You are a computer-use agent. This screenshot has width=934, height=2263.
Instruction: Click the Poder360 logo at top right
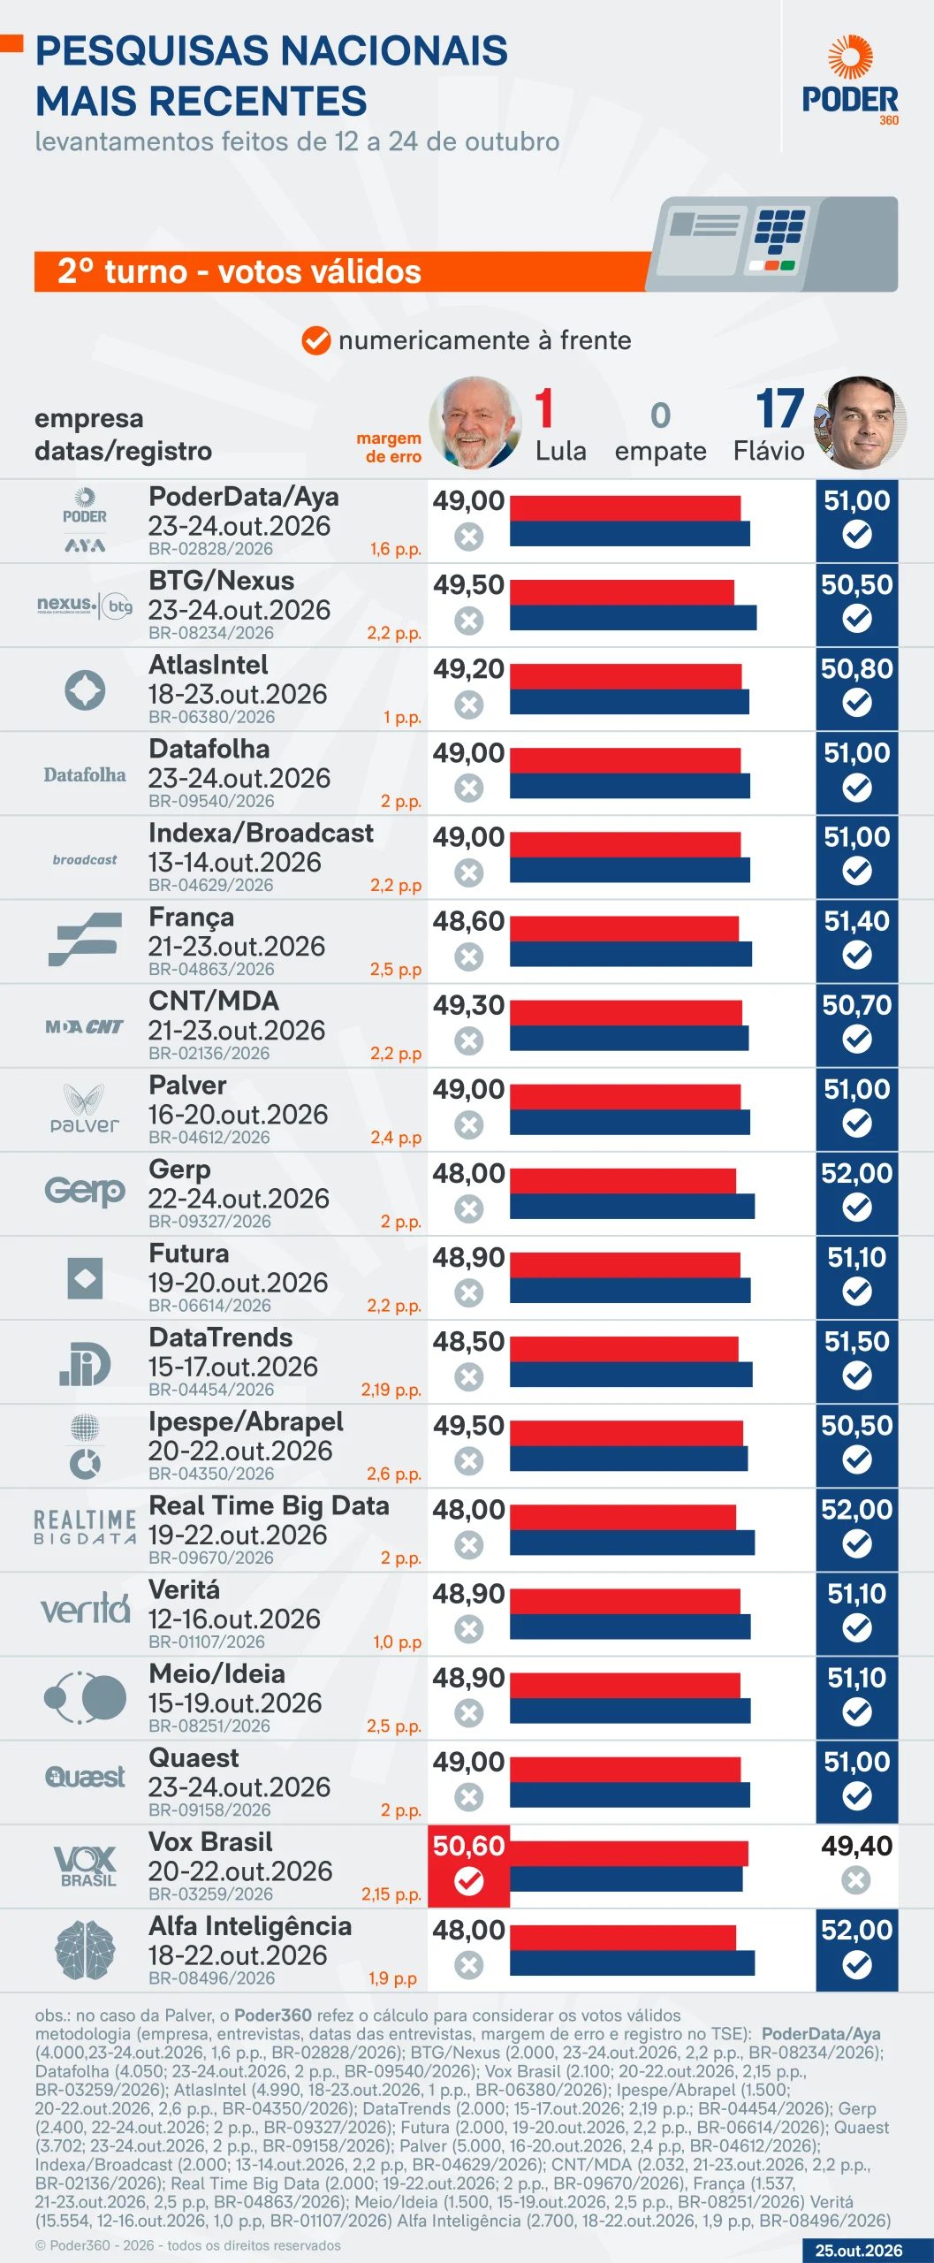pyautogui.click(x=850, y=80)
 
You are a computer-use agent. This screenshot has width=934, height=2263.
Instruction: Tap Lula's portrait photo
pyautogui.click(x=475, y=423)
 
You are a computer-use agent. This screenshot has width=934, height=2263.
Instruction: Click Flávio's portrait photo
pyautogui.click(x=860, y=423)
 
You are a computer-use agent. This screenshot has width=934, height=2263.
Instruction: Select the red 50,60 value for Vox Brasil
pyautogui.click(x=468, y=1846)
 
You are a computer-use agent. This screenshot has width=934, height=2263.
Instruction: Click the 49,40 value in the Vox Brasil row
pyautogui.click(x=856, y=1846)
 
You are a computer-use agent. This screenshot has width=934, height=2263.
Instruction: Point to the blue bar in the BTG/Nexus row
pyautogui.click(x=633, y=618)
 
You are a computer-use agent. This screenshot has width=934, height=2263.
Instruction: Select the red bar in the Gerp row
pyautogui.click(x=623, y=1181)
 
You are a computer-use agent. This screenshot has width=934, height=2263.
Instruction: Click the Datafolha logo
pyautogui.click(x=85, y=775)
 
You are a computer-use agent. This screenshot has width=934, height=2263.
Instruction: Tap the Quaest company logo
pyautogui.click(x=85, y=1777)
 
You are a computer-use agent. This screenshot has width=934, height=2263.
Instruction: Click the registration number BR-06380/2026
pyautogui.click(x=211, y=717)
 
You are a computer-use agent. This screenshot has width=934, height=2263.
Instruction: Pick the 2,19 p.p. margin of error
pyautogui.click(x=391, y=1390)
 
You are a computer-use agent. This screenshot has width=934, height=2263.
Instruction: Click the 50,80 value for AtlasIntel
pyautogui.click(x=856, y=669)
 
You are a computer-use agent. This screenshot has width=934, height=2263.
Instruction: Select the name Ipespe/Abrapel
pyautogui.click(x=246, y=1422)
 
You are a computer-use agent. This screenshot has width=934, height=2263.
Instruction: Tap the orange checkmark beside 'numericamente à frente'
pyautogui.click(x=315, y=340)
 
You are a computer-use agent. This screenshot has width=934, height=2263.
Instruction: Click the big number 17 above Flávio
pyautogui.click(x=779, y=408)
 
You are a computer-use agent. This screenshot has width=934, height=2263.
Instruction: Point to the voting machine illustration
pyautogui.click(x=772, y=244)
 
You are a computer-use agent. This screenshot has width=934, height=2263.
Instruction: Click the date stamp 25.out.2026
pyautogui.click(x=858, y=2251)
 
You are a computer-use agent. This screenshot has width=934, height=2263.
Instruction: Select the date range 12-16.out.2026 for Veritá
pyautogui.click(x=234, y=1619)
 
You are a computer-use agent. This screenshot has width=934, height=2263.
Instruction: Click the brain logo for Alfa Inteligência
pyautogui.click(x=85, y=1950)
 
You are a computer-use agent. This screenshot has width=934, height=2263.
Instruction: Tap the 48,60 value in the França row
pyautogui.click(x=468, y=921)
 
